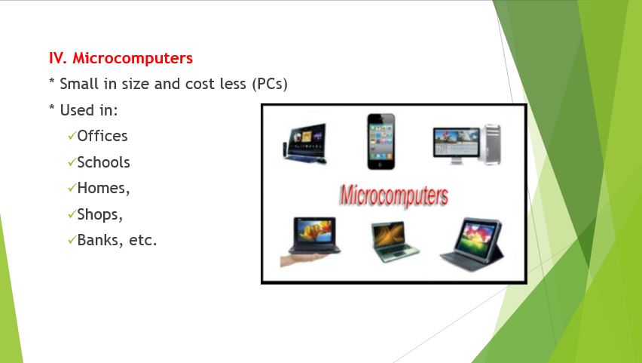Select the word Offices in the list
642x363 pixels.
tap(102, 136)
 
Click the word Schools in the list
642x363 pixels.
tap(103, 162)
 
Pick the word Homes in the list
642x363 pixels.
tap(102, 188)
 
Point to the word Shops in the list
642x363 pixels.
tap(98, 214)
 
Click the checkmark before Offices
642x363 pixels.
tap(71, 136)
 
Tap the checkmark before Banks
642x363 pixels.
tap(71, 241)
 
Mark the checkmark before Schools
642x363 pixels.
tap(71, 162)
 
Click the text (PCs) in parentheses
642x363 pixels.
tap(270, 84)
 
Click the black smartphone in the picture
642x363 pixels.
tap(381, 141)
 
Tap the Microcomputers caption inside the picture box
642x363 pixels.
tap(393, 195)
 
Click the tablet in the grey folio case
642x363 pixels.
tap(474, 242)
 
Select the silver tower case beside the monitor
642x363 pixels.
tap(492, 144)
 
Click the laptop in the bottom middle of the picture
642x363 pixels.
tap(394, 241)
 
